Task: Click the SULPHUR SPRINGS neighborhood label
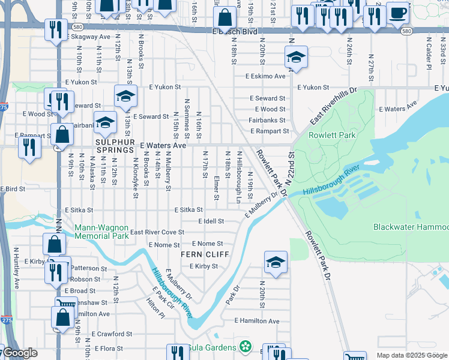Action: point(113,141)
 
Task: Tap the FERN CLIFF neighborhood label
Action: point(203,255)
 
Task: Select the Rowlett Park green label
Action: point(331,135)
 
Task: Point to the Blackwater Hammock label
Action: point(411,227)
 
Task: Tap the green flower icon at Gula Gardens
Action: point(244,347)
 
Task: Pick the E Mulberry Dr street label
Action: point(262,205)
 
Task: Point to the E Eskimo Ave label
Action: point(265,76)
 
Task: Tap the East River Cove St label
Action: point(157,232)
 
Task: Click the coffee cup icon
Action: point(397,12)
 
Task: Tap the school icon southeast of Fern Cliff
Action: point(276,262)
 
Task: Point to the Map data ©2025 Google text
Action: point(412,355)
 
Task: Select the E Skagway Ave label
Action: point(89,37)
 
